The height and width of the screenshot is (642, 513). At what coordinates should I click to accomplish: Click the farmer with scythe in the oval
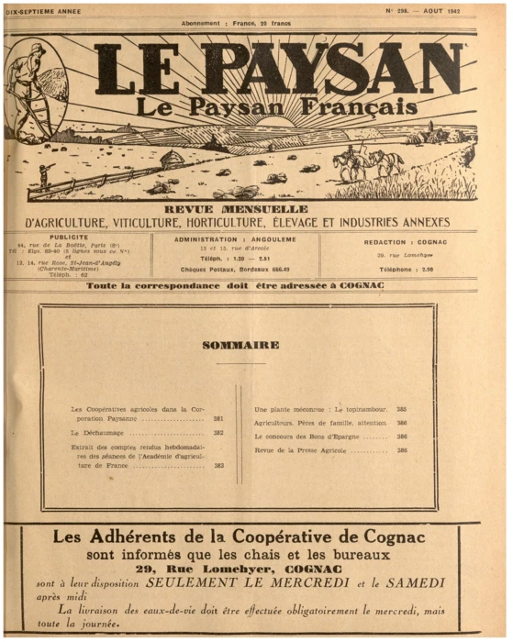coord(34,101)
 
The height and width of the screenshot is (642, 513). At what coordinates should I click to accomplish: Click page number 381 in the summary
coord(218,419)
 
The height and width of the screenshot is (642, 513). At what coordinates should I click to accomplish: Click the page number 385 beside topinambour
coord(402,409)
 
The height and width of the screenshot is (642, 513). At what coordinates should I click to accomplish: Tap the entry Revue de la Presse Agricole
coord(306,450)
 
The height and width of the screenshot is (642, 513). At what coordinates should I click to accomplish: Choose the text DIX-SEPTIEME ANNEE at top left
coord(44,12)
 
